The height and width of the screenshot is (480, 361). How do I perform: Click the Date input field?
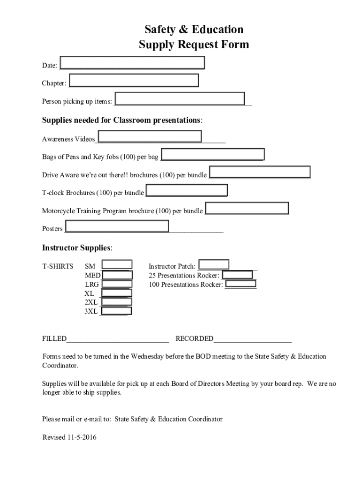(132, 63)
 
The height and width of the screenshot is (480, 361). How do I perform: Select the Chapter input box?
(134, 81)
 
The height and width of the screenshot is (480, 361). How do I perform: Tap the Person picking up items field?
(180, 99)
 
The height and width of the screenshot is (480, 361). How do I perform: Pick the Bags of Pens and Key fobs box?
(212, 155)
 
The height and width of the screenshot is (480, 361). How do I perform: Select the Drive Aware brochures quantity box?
(259, 172)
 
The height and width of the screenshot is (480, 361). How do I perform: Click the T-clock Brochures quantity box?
(187, 190)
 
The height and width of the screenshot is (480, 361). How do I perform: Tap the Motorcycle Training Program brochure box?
(247, 208)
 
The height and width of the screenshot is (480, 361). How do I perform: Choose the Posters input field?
(117, 226)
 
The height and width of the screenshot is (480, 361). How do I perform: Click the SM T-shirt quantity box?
(117, 265)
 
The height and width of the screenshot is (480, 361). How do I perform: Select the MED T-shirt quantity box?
(117, 275)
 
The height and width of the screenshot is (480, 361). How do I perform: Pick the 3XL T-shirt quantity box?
(116, 311)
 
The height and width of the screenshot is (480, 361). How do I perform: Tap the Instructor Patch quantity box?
(214, 265)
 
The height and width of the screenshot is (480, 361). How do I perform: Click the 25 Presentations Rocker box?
(237, 275)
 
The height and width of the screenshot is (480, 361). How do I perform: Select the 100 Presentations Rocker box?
(241, 284)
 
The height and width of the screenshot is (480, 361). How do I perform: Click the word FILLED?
(54, 339)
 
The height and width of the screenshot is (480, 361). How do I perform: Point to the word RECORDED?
(194, 339)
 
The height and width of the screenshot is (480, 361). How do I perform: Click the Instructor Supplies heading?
(77, 247)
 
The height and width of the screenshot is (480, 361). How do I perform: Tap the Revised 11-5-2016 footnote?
(69, 437)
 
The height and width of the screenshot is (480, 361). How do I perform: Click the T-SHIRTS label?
(58, 266)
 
